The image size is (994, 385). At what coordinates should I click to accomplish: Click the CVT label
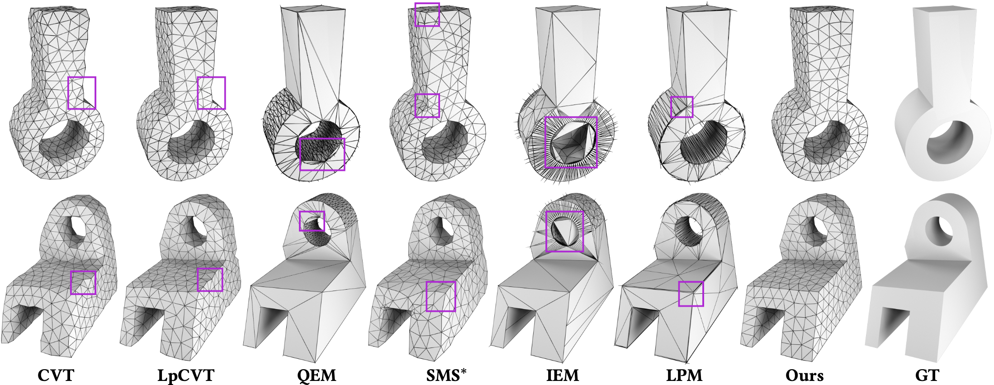pyautogui.click(x=56, y=375)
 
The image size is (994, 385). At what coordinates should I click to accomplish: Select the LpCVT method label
pyautogui.click(x=186, y=375)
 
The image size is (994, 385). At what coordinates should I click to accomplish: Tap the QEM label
pyautogui.click(x=317, y=375)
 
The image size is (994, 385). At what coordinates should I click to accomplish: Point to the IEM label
pyautogui.click(x=563, y=375)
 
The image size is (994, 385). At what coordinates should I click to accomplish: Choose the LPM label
pyautogui.click(x=684, y=375)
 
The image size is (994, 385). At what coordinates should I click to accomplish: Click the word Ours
pyautogui.click(x=805, y=375)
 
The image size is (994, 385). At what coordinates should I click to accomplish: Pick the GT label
pyautogui.click(x=927, y=375)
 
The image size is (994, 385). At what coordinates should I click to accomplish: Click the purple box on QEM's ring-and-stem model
pyautogui.click(x=322, y=155)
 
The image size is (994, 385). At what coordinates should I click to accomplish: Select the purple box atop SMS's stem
pyautogui.click(x=427, y=14)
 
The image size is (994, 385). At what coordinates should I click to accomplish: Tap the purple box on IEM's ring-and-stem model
pyautogui.click(x=571, y=142)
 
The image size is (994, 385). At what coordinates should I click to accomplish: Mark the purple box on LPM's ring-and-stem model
pyautogui.click(x=682, y=107)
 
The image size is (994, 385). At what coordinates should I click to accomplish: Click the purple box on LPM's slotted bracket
pyautogui.click(x=691, y=294)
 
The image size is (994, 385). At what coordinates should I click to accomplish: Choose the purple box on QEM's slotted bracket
pyautogui.click(x=312, y=221)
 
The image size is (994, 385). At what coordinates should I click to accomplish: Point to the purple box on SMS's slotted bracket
pyautogui.click(x=440, y=296)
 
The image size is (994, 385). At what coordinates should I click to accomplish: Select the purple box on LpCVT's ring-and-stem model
pyautogui.click(x=211, y=93)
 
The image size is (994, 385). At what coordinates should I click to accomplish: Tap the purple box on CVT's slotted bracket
pyautogui.click(x=83, y=282)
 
